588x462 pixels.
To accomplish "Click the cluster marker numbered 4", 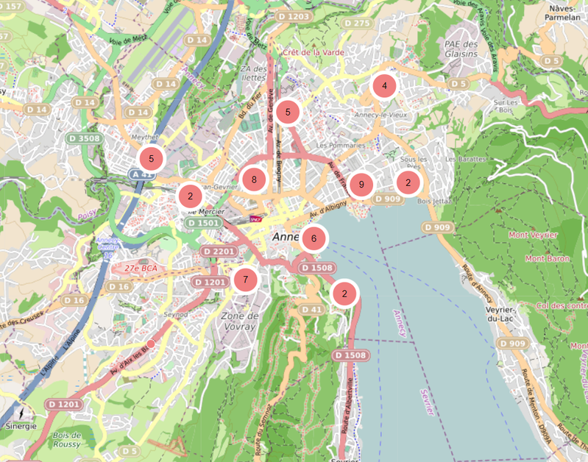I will [x=383, y=87].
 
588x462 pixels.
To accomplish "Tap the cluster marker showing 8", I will [x=254, y=179].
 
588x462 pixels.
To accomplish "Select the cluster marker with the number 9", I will [x=361, y=185].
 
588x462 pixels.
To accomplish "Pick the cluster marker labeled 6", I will [x=314, y=238].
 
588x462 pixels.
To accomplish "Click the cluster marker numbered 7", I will [x=245, y=280].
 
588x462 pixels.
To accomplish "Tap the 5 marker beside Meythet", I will [x=151, y=158].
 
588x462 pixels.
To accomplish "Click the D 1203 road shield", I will [x=294, y=16].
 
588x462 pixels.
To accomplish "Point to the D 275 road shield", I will [x=358, y=24].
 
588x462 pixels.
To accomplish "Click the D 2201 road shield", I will [x=219, y=252].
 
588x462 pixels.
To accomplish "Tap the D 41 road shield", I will [x=312, y=310].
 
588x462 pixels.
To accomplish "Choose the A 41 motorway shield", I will [x=141, y=174].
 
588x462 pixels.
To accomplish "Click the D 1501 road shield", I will [x=203, y=222].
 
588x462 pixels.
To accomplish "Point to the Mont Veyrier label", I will [x=533, y=235].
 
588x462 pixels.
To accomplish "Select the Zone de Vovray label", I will [x=238, y=321].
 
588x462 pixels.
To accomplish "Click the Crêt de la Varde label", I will [x=313, y=52].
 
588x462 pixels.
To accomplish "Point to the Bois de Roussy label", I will [x=72, y=439].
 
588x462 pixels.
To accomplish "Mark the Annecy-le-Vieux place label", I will [x=380, y=115].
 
